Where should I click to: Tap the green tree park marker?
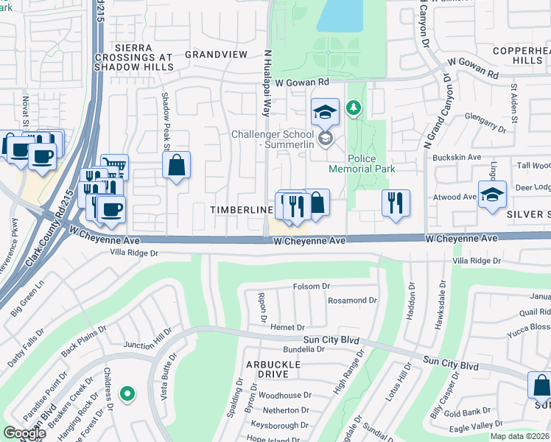click(355, 109)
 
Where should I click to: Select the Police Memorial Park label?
click(371, 164)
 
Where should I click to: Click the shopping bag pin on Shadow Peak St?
click(177, 166)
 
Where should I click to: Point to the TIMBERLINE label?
click(242, 210)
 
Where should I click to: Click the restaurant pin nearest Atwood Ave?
click(396, 203)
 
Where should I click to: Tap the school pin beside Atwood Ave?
click(492, 194)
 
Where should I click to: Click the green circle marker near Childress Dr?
click(127, 394)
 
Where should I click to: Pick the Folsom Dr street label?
click(312, 286)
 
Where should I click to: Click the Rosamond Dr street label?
click(352, 301)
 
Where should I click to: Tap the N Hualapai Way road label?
click(264, 83)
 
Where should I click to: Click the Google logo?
click(24, 432)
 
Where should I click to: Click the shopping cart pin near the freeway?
click(114, 166)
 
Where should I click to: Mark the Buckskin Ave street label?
click(457, 157)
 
